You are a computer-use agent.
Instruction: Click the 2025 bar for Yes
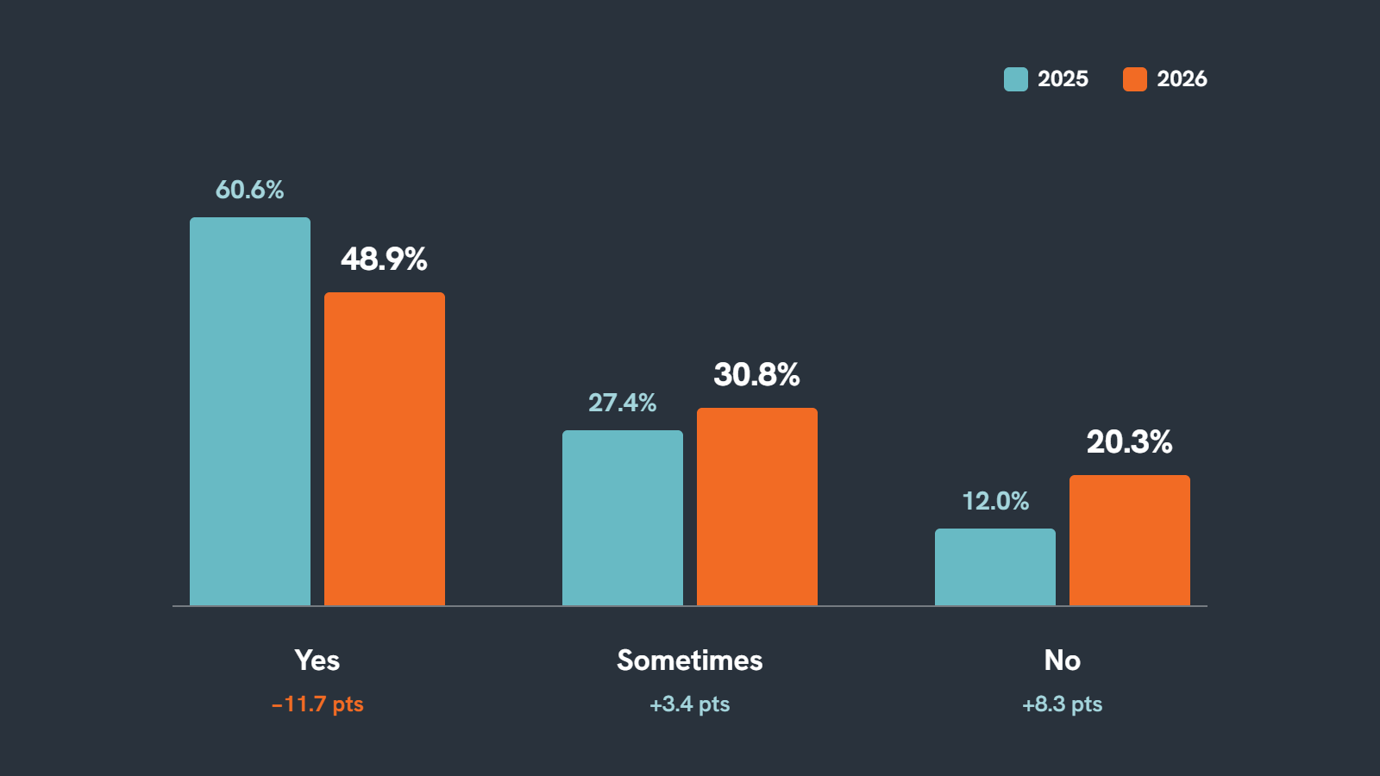[x=250, y=411]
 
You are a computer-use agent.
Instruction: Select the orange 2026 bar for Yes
[x=385, y=449]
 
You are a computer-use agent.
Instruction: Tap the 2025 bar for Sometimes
[x=623, y=518]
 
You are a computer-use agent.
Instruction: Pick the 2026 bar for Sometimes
[x=757, y=507]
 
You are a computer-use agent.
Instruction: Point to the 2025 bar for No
[x=995, y=567]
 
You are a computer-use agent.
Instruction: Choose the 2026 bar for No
[x=1130, y=540]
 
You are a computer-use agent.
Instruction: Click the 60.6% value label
[x=249, y=190]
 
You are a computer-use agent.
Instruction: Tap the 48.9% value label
[x=384, y=260]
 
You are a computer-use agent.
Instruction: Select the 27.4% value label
[x=622, y=403]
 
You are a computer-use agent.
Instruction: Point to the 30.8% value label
[x=756, y=374]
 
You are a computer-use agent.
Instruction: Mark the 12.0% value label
[x=995, y=501]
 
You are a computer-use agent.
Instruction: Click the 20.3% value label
[x=1129, y=442]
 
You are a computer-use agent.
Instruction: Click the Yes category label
[x=317, y=660]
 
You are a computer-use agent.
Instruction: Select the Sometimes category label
[x=690, y=660]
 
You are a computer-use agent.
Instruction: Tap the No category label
[x=1062, y=660]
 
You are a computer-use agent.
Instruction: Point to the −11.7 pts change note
[x=317, y=704]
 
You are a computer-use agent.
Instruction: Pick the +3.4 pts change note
[x=690, y=704]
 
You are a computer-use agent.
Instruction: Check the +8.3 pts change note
[x=1062, y=704]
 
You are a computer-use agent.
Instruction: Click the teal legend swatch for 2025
[x=1016, y=79]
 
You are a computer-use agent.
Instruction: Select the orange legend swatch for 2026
[x=1135, y=79]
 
